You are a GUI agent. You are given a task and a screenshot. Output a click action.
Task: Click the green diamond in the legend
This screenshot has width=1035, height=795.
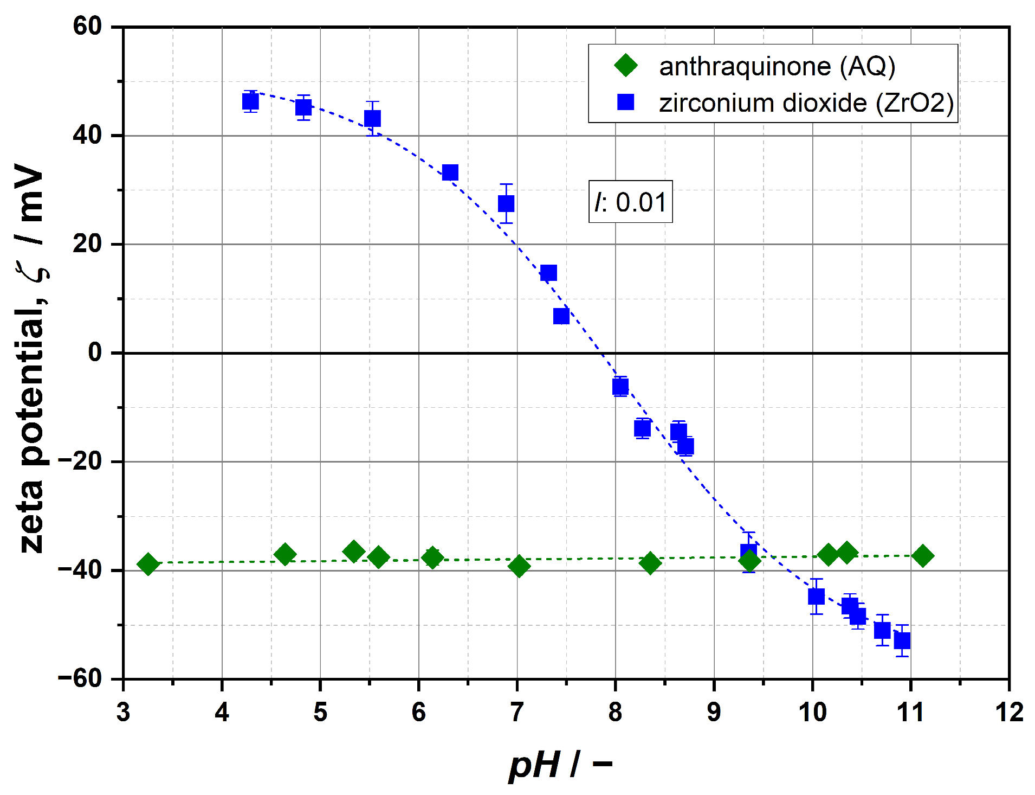tap(626, 66)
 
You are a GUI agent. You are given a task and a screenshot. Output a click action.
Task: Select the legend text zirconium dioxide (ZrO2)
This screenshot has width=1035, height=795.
tap(806, 102)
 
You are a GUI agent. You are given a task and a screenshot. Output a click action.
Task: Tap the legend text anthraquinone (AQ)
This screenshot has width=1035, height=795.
tap(777, 66)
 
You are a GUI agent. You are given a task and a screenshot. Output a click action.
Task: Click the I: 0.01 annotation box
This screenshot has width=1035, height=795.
tap(630, 202)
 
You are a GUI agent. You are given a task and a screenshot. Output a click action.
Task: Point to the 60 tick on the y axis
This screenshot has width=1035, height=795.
tap(87, 26)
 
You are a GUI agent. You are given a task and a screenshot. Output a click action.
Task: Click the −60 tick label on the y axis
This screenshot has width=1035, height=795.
tap(80, 678)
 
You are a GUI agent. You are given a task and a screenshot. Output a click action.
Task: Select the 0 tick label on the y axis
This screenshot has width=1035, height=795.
tap(95, 352)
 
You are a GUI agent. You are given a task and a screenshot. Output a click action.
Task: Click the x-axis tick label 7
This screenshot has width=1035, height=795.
tap(517, 712)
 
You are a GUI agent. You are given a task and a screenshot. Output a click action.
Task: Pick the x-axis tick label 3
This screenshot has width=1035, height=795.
tap(124, 712)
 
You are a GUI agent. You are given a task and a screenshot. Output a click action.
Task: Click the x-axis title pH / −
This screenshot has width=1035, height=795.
tap(560, 765)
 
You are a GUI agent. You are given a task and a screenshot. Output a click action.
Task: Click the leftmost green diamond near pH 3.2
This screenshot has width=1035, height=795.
tap(148, 564)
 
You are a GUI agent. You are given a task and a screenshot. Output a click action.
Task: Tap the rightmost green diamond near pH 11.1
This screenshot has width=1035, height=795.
tap(922, 556)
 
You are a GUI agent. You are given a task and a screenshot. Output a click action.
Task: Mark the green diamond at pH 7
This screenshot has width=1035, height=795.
tap(519, 566)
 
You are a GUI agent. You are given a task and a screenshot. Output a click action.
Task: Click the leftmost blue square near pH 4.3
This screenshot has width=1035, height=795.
tap(250, 101)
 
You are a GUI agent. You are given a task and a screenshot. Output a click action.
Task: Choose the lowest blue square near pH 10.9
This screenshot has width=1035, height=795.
tap(902, 641)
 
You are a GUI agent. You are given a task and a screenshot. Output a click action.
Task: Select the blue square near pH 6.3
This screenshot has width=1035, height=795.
tap(450, 173)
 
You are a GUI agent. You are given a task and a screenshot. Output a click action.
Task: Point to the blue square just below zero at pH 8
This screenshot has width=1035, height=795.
tap(620, 387)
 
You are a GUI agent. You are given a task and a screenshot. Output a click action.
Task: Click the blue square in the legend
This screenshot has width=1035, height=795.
tap(626, 102)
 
